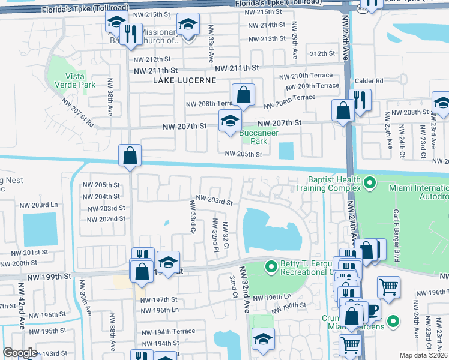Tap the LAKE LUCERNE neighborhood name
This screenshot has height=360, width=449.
click(x=181, y=80)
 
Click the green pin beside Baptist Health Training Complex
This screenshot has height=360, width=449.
click(x=370, y=180)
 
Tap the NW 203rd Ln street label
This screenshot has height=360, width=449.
click(x=47, y=205)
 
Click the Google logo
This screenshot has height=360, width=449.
click(x=20, y=353)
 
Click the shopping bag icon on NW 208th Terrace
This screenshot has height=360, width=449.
click(x=243, y=94)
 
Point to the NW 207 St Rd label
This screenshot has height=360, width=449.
click(x=77, y=111)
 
